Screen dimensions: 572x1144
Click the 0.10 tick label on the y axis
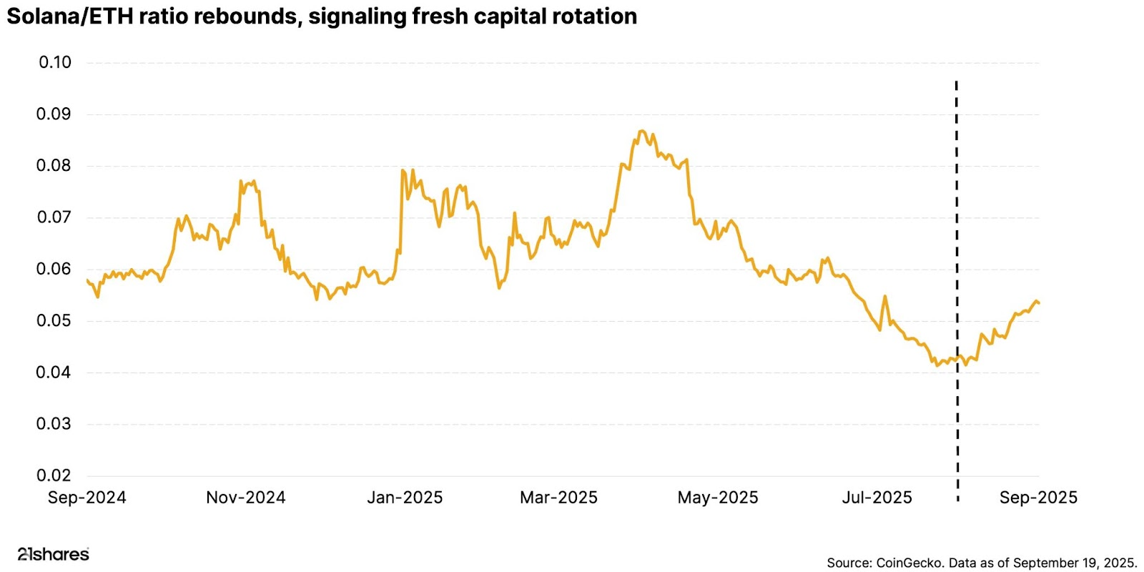pos(55,62)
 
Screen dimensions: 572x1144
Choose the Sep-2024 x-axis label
pos(87,498)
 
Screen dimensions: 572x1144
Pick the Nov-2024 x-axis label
pos(245,498)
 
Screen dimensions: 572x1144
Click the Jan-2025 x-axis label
pos(405,498)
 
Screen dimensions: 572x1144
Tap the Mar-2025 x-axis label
pos(558,498)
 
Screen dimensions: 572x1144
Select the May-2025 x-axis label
pos(718,498)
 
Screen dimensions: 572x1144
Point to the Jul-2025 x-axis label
pos(877,498)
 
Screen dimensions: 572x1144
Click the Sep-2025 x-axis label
pos(1038,498)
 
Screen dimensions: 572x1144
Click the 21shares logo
pos(53,554)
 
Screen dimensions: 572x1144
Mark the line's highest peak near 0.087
pos(641,131)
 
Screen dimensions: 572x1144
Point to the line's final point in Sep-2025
pos(1039,303)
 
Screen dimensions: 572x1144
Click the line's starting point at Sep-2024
pos(87,280)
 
